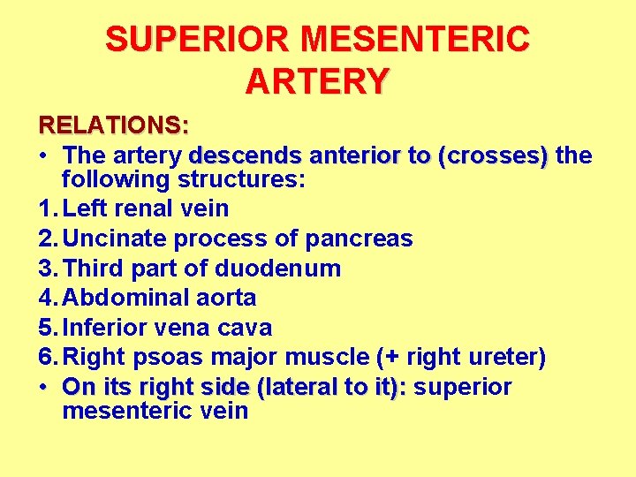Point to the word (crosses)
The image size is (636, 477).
[x=498, y=155]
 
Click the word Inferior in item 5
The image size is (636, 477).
[x=108, y=329]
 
